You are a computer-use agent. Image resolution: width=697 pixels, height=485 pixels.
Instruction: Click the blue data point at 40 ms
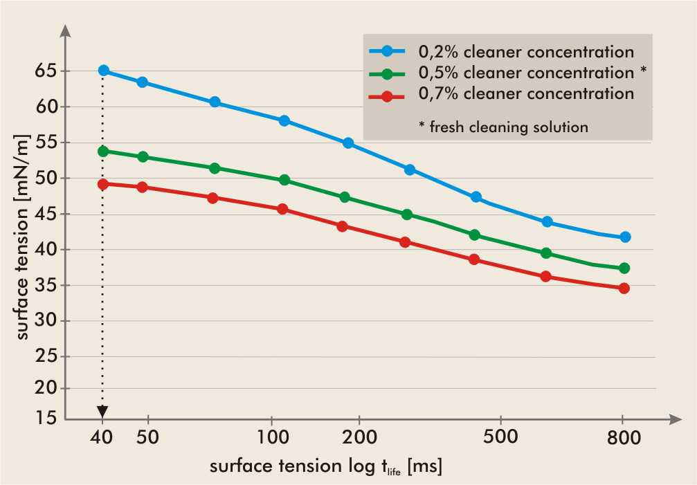pos(103,71)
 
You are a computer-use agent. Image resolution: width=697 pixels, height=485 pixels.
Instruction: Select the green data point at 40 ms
pos(103,151)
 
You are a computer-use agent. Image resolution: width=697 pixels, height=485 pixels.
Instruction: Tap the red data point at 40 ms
pos(103,184)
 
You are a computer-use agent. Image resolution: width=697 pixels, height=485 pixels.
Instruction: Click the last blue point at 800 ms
pos(625,237)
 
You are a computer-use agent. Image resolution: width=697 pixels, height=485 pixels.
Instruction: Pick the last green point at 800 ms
pos(624,268)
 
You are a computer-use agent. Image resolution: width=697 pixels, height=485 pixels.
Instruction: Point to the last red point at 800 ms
pos(624,288)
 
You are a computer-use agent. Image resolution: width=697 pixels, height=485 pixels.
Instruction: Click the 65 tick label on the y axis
pos(46,71)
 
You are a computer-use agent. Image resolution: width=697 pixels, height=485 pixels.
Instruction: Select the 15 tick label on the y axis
pos(46,417)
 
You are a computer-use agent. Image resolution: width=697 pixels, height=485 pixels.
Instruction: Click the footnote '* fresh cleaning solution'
pos(504,127)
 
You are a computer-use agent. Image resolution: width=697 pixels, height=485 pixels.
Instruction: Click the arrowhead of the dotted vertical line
pos(103,412)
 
